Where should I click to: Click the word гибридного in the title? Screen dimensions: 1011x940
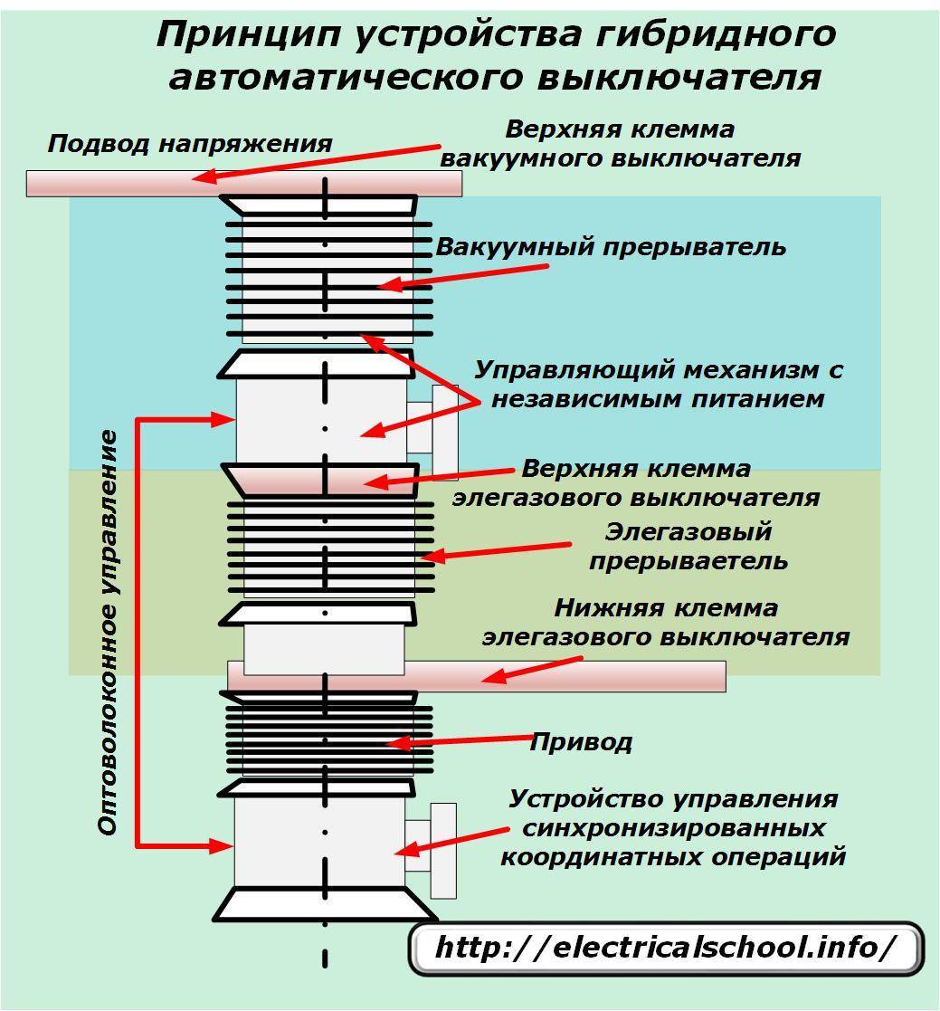[x=716, y=34]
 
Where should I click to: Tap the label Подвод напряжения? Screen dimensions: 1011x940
[x=190, y=144]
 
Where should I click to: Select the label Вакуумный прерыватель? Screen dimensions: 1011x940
[x=611, y=247]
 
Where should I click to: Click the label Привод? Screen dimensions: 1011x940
[x=580, y=743]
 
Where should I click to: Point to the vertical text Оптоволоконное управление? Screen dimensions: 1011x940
[x=109, y=634]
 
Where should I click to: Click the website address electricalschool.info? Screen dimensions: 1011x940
[x=666, y=948]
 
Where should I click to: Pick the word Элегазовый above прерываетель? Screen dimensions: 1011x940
[x=688, y=531]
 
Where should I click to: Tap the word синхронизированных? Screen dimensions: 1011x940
[x=674, y=828]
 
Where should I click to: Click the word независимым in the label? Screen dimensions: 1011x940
[x=605, y=398]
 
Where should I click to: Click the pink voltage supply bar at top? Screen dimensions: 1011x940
[x=243, y=183]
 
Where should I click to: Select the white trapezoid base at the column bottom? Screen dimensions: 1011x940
[x=325, y=904]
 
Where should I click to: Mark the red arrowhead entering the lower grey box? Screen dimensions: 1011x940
[x=222, y=846]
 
